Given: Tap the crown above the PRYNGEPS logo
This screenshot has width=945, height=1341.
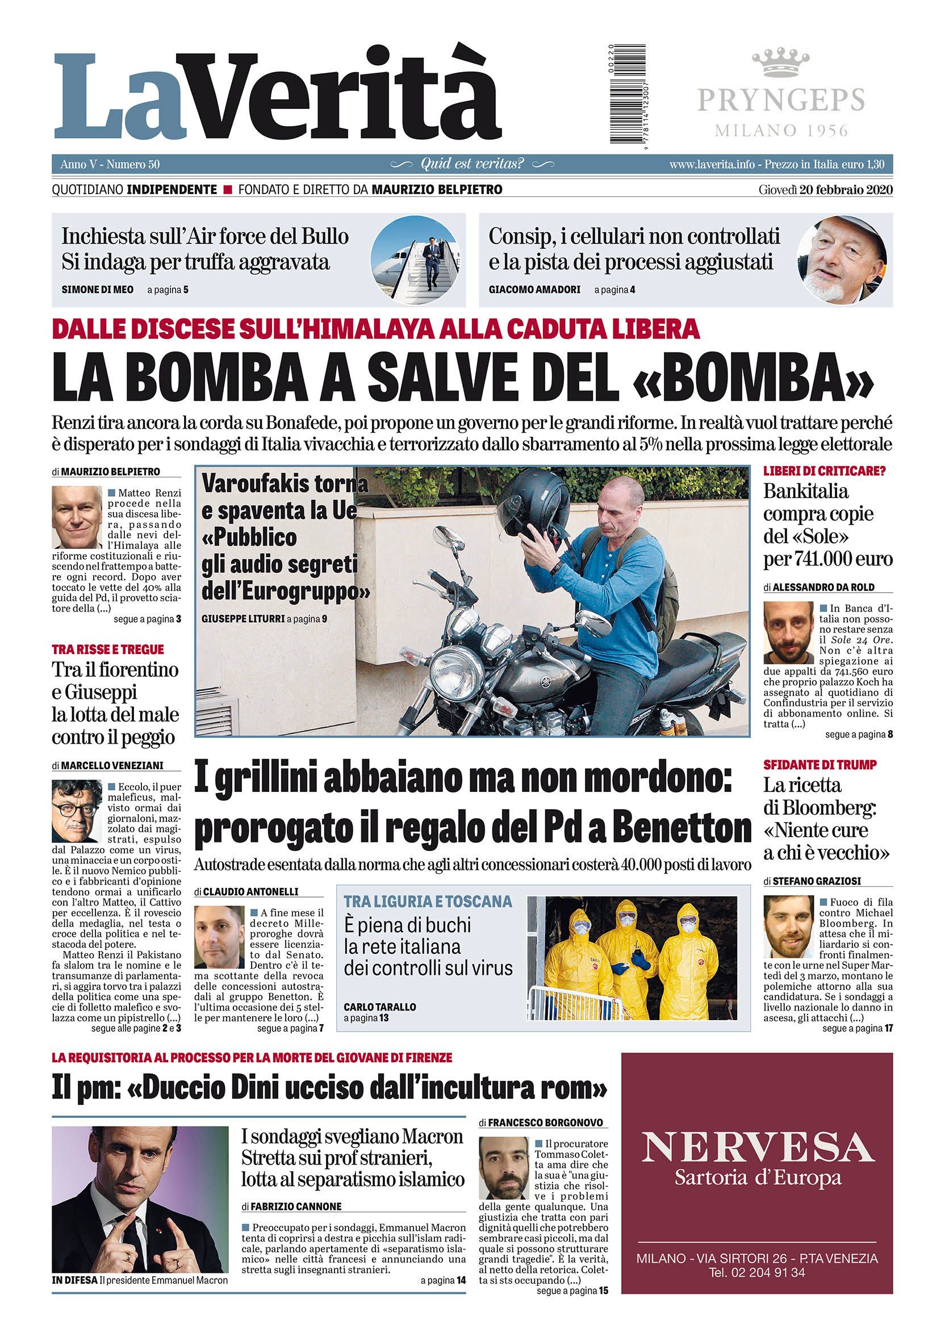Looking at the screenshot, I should click(x=781, y=64).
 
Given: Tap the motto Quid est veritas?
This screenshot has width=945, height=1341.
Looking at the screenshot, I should click(x=472, y=164).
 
